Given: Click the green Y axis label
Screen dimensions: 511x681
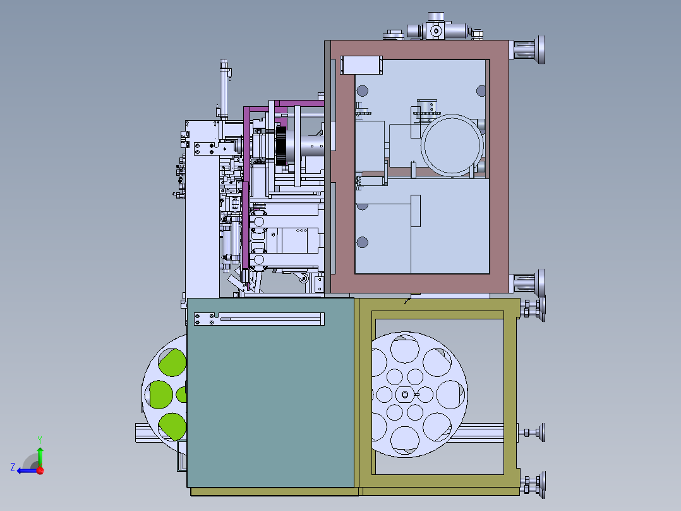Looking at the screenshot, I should click(39, 439).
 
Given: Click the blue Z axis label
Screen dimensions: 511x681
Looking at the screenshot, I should click(13, 467).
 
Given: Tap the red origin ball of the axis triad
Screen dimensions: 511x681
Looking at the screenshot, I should click(40, 470).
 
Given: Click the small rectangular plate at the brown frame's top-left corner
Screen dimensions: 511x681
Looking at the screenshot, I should click(362, 65).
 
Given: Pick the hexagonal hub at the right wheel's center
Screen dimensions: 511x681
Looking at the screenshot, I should click(404, 394).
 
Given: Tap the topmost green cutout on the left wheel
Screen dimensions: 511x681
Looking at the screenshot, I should click(172, 362).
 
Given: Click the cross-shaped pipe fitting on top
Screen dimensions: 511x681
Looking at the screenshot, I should click(435, 30).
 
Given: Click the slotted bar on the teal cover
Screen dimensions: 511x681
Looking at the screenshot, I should click(259, 319).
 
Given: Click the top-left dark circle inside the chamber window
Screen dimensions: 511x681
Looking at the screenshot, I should click(362, 90).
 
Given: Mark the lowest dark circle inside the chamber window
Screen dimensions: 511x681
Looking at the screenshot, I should click(362, 242).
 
